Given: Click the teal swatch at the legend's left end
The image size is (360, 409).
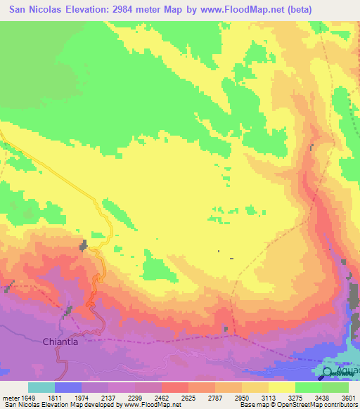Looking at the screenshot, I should [x=41, y=387].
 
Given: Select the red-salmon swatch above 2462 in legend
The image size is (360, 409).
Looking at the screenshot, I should [x=175, y=387].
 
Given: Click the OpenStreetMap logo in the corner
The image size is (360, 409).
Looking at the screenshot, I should [x=328, y=373].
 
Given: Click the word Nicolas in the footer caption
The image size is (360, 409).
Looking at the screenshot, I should [x=31, y=405].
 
